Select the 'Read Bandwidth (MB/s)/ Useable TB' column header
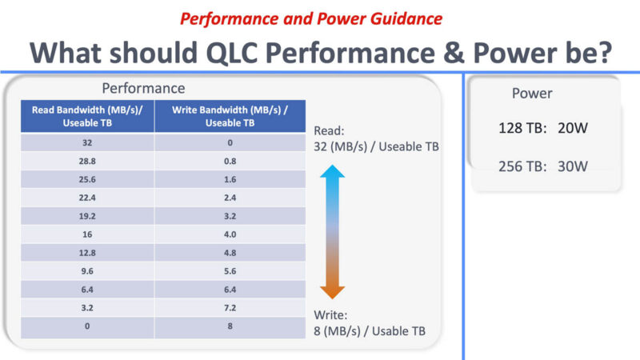click(86, 116)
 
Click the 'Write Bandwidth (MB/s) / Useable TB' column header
click(230, 116)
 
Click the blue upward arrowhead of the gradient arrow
click(332, 172)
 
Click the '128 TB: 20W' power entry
click(544, 128)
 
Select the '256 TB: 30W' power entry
click(544, 166)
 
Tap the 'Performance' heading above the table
click(143, 88)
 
